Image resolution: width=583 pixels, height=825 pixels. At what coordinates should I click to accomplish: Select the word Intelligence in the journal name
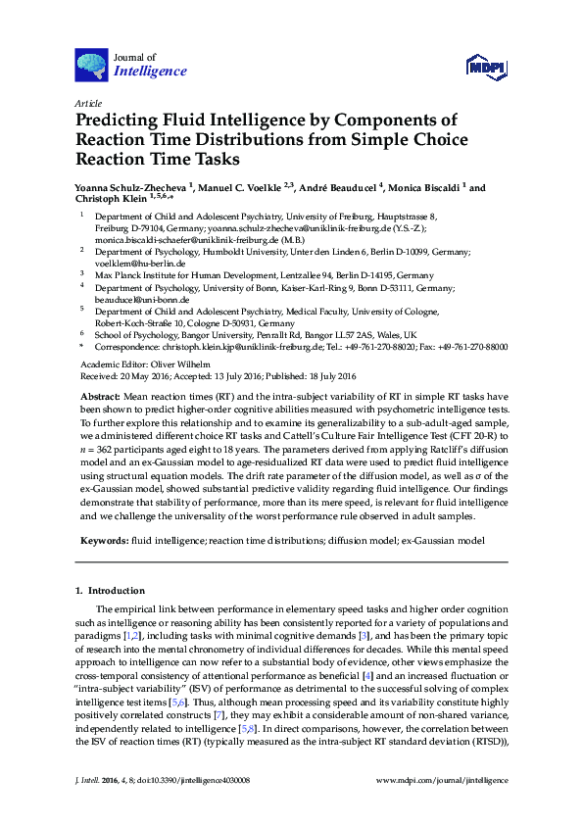[150, 72]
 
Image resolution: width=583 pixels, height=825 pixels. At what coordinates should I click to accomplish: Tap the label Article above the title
[87, 103]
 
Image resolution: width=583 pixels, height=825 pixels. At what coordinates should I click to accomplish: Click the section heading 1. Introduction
[110, 591]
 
